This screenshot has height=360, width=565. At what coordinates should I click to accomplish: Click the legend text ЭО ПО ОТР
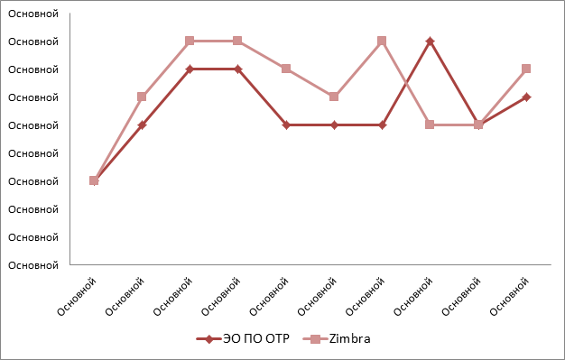[x=255, y=338]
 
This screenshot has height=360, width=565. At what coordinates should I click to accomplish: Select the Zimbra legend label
[x=349, y=338]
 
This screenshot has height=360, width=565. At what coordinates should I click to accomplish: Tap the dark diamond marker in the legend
[x=209, y=339]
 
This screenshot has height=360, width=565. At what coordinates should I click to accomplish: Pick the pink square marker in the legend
[x=315, y=339]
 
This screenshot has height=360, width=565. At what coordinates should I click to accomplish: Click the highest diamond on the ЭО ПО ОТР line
[x=430, y=42]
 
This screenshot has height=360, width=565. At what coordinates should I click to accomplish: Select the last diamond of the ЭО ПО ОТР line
[x=526, y=97]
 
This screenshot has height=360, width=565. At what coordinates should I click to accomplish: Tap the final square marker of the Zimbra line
[x=526, y=69]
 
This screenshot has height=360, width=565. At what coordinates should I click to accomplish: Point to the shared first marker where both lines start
[x=94, y=180]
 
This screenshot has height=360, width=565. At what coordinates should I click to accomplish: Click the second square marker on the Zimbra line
[x=142, y=97]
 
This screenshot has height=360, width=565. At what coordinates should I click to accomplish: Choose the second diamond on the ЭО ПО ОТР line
[x=142, y=125]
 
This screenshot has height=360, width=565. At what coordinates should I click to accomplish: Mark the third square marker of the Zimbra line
[x=190, y=41]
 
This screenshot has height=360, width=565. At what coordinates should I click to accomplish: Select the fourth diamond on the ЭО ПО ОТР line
[x=237, y=69]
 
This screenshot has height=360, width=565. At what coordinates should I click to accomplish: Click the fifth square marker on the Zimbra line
[x=286, y=69]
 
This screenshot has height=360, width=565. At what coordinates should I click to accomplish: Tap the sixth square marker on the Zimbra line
[x=334, y=97]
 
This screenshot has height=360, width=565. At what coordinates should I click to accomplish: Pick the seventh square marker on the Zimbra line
[x=382, y=41]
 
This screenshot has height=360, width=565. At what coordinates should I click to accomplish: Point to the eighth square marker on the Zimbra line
[x=430, y=125]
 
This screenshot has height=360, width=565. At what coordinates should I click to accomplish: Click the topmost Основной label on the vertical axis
[x=33, y=14]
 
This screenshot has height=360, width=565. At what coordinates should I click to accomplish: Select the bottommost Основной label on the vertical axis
[x=33, y=265]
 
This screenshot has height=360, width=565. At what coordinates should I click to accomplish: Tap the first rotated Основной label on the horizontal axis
[x=77, y=297]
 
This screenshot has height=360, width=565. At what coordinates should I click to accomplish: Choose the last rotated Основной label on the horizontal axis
[x=509, y=297]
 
